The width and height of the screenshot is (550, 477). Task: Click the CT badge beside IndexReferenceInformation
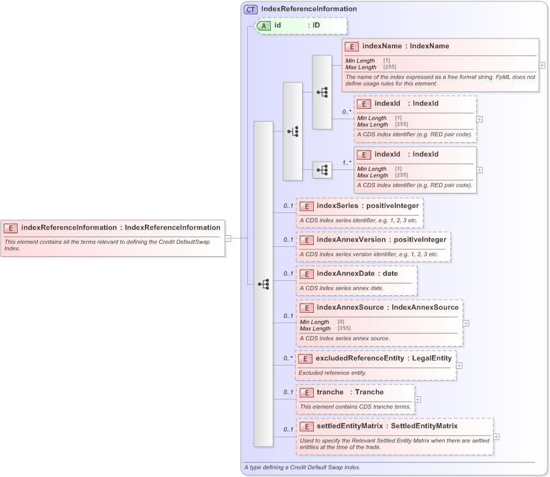pos(251,9)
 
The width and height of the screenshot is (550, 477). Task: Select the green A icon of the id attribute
pos(264,25)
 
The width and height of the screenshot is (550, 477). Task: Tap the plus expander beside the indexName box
pos(542,65)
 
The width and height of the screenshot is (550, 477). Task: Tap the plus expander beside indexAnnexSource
pos(466,323)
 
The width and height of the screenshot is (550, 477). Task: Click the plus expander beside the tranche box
pos(418,399)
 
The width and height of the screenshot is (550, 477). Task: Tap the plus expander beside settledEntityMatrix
pos(497,437)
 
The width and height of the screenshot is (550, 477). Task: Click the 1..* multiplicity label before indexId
pos(346,162)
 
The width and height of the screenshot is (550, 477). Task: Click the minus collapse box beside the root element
pos(228,238)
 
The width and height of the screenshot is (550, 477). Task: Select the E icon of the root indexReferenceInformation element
pos(11,228)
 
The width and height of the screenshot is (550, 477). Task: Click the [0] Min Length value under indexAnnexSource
pos(341,322)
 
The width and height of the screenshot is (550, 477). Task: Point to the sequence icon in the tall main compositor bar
pos(264,284)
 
